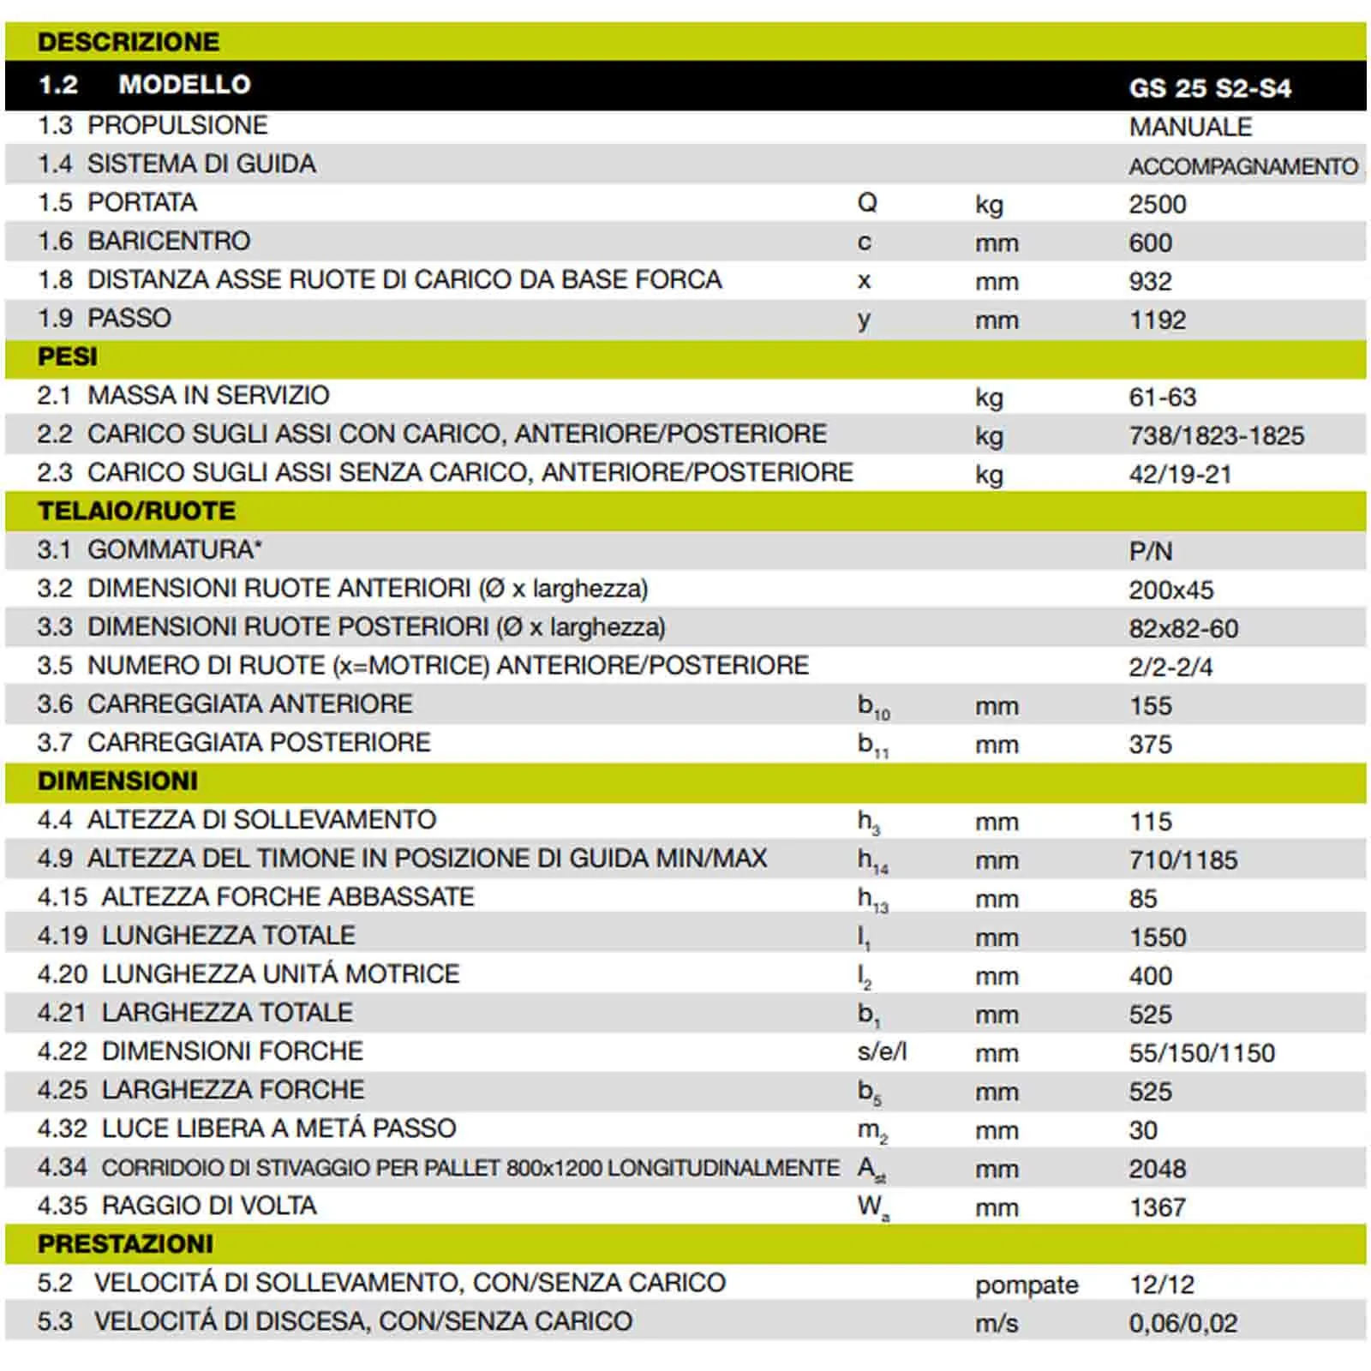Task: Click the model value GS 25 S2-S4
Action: [1209, 87]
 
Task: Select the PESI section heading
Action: [68, 356]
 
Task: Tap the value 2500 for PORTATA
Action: [1157, 204]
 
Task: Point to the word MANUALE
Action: [1190, 127]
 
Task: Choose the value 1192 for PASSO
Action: [1157, 320]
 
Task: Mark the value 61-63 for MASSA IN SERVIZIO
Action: [1162, 397]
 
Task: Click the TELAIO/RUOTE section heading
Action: [136, 511]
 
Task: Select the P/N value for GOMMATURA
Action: [1150, 551]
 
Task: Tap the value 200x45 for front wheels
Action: [1170, 590]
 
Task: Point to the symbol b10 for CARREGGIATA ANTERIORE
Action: [873, 707]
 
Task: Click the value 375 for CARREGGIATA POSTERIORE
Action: [1150, 744]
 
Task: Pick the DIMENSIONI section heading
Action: [117, 781]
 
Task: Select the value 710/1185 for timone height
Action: [1182, 859]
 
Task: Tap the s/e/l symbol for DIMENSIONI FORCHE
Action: [882, 1051]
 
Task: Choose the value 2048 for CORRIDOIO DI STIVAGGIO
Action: [1157, 1168]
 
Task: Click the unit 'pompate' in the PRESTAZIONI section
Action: [1026, 1284]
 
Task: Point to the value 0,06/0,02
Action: [1182, 1323]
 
